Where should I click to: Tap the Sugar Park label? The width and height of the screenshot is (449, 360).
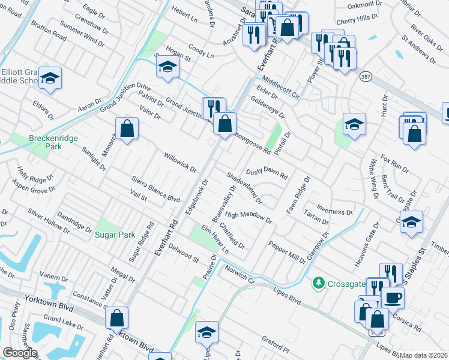point(115,235)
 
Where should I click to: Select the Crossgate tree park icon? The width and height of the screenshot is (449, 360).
point(318,282)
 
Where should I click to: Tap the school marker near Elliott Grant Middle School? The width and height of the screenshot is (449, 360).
point(50,77)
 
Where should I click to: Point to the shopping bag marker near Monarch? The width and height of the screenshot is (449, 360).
point(127,128)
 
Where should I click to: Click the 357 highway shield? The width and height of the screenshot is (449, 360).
point(366,76)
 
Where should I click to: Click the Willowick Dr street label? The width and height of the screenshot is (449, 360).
point(181,161)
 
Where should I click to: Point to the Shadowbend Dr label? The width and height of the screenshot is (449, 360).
point(244,187)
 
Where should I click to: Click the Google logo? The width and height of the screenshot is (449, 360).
point(20,353)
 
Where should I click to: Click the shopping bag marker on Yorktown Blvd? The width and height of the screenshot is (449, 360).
point(118,318)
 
